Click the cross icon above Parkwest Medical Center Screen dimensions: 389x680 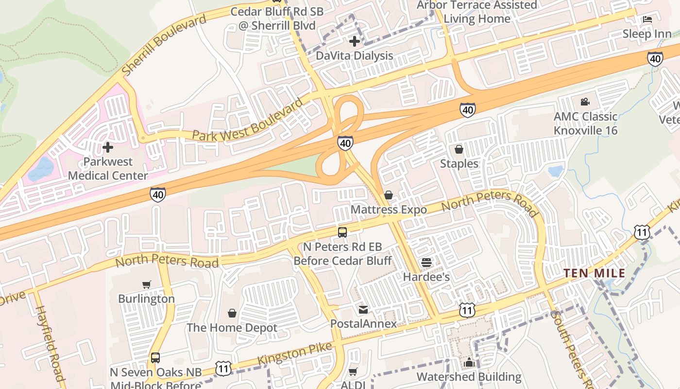(x=108, y=147)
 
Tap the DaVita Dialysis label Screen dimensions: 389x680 (x=355, y=55)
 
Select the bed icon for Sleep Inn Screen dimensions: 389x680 (x=647, y=19)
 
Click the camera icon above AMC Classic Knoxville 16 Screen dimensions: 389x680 (x=585, y=102)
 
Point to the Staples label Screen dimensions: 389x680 (x=459, y=163)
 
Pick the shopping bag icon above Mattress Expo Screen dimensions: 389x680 (x=389, y=195)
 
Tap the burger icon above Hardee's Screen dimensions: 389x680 (x=426, y=263)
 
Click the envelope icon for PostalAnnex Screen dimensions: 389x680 (x=363, y=309)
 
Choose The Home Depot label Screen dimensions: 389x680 (x=232, y=327)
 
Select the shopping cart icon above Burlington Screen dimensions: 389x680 (x=147, y=284)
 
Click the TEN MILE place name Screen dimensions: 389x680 (x=594, y=273)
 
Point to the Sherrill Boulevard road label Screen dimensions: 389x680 (x=164, y=45)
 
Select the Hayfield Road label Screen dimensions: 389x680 (x=50, y=343)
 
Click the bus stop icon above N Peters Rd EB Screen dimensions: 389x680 (x=342, y=232)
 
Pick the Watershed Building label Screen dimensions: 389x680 (x=469, y=377)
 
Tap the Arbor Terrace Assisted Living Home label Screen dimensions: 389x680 (x=477, y=12)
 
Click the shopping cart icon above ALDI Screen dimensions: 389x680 (x=353, y=371)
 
